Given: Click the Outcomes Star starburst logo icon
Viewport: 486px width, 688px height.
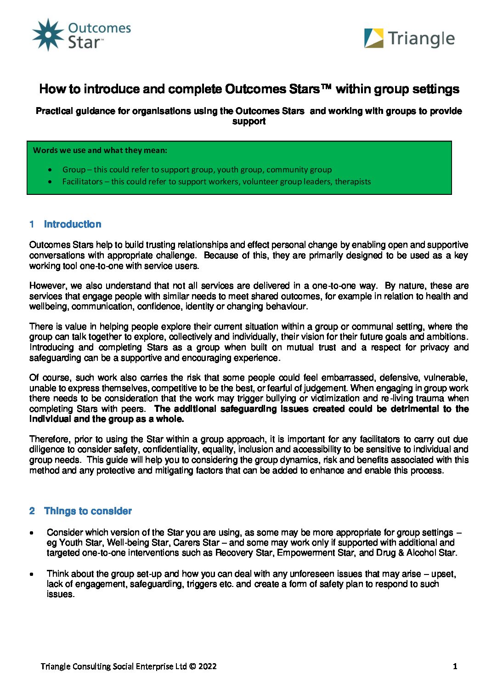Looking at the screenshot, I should (48, 34).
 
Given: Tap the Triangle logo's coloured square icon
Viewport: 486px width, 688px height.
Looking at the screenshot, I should (373, 38).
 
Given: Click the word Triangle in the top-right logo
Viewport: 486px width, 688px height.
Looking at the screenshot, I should (421, 39).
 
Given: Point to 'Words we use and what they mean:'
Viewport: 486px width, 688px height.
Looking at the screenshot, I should (100, 150).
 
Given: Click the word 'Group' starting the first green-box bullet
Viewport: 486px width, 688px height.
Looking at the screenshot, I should (74, 170).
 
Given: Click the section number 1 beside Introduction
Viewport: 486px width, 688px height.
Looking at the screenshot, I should (32, 224).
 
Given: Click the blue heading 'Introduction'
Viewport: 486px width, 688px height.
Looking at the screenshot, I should (73, 224).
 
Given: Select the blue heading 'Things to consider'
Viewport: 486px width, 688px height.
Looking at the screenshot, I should (88, 511).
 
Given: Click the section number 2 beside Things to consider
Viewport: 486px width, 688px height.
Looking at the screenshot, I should (32, 511).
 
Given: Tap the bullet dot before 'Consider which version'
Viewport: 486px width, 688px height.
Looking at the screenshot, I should (31, 533).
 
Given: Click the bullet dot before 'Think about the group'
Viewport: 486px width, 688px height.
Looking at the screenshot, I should (31, 574).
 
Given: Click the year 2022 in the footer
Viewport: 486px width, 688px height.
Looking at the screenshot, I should (208, 666).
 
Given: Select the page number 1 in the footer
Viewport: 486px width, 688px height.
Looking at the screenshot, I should (455, 666).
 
